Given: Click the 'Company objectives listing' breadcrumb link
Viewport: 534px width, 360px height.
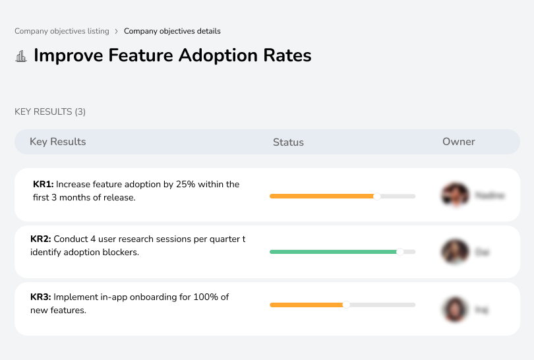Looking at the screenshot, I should tap(61, 31).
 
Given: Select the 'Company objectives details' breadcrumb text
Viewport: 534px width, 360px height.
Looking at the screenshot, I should tap(172, 31).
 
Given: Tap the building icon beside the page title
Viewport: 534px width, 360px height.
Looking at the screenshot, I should tap(21, 56).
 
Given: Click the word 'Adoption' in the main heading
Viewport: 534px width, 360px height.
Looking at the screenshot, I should tap(223, 55).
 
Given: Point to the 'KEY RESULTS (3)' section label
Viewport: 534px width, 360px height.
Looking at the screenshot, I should tap(50, 111).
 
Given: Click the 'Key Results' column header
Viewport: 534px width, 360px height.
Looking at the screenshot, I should tap(58, 142).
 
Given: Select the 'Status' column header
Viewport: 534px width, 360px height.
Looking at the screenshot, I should tap(288, 142).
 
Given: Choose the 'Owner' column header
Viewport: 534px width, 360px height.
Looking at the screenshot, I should tap(459, 142).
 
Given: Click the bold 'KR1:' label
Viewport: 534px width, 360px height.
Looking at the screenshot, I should tap(43, 185).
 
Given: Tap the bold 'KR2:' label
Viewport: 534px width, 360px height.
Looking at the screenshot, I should tap(41, 239).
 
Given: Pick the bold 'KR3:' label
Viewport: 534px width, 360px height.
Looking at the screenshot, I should tap(41, 297).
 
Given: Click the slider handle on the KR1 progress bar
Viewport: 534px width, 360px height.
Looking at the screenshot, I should tap(377, 196).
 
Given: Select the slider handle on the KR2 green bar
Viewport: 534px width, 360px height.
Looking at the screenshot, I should tap(400, 251).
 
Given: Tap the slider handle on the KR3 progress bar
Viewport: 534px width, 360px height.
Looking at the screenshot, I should tap(346, 305).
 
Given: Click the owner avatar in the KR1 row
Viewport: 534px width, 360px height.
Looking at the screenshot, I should tap(454, 195).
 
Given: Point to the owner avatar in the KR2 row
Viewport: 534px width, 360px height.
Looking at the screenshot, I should tap(454, 251).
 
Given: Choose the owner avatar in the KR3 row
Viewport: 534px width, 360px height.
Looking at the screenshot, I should tap(454, 309).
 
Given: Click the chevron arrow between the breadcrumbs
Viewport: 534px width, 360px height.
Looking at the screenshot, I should tap(116, 31).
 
